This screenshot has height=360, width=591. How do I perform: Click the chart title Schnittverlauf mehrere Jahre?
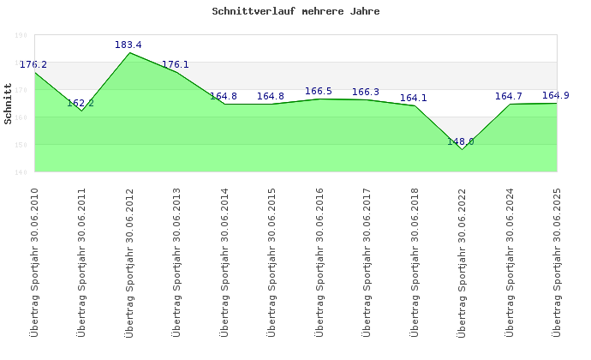coord(295,12)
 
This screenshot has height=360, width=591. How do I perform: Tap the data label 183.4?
coord(128,45)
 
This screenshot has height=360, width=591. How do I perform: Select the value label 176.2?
coord(33,64)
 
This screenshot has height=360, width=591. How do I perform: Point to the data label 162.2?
coord(81,103)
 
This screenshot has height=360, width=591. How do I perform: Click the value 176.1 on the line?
coord(176,64)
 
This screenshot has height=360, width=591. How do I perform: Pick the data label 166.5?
coord(319,92)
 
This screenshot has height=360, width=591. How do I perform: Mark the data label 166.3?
coord(366,93)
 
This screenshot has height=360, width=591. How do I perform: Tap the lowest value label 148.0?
coord(461,141)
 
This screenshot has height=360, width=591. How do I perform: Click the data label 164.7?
coord(509,96)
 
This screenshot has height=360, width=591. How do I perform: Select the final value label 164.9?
coord(556,95)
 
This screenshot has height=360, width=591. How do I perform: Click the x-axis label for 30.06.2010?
coord(34,261)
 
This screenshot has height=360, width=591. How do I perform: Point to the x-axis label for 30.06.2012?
coord(129,261)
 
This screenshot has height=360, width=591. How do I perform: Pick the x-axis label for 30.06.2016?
coord(319,261)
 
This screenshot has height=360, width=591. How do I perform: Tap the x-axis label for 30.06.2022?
coord(463,261)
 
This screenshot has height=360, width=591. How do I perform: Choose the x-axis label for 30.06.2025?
coord(558,261)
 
